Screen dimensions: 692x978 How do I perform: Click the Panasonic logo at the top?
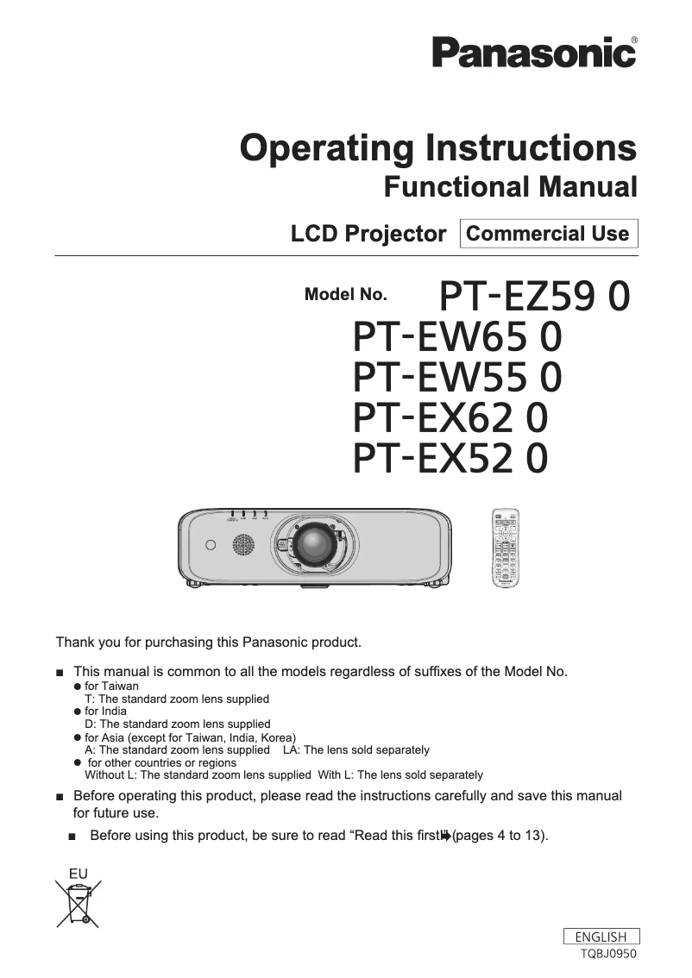(533, 53)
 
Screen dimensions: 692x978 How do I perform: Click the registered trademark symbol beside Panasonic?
(634, 40)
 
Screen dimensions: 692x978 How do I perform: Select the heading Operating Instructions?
(438, 148)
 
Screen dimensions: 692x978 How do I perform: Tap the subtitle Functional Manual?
(510, 186)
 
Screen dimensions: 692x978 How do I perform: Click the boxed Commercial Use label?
(548, 234)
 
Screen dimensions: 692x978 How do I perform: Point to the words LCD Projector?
(368, 234)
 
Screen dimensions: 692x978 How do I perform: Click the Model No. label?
(345, 294)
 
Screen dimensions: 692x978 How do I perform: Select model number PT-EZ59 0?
(534, 297)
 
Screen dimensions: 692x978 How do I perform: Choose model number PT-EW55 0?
(457, 378)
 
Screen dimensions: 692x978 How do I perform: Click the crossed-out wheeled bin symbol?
(79, 903)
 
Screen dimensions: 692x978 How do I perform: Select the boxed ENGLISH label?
(601, 937)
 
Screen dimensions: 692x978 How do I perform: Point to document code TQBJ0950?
(609, 954)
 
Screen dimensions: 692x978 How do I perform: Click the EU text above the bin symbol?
(78, 874)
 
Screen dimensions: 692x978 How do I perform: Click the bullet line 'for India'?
(105, 712)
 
